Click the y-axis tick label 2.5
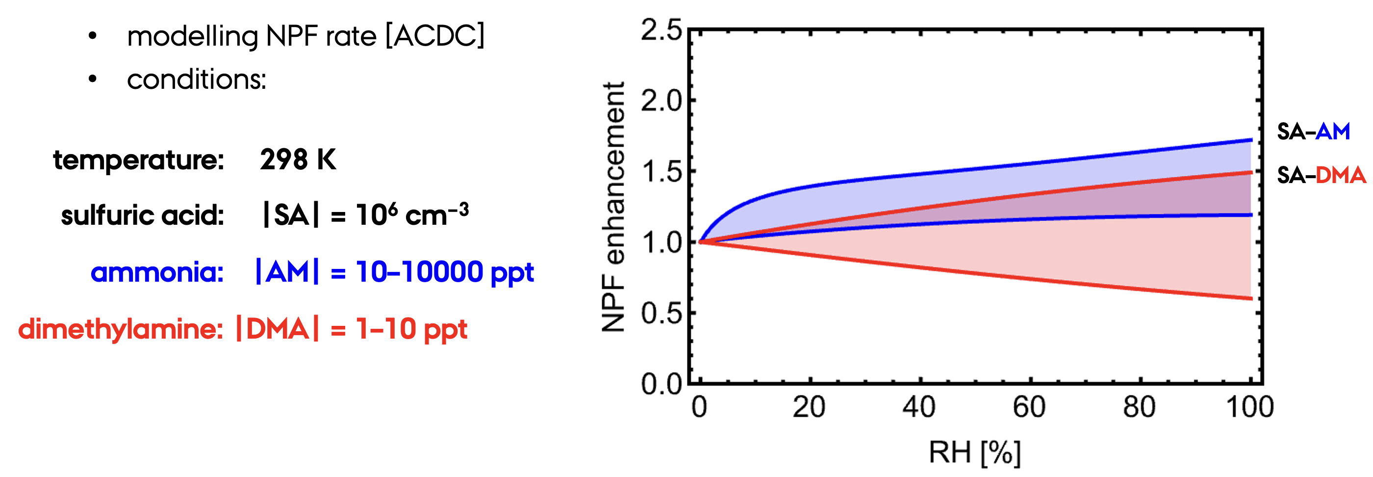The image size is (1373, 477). (x=661, y=30)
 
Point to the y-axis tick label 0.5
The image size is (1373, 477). (x=661, y=314)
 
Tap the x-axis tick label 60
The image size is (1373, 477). (x=1029, y=407)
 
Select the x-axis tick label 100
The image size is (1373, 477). (x=1250, y=407)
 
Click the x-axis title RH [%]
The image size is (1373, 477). (x=975, y=453)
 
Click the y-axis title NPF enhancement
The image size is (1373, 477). (x=613, y=207)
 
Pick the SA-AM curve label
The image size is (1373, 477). (x=1313, y=131)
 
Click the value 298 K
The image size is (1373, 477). (x=298, y=159)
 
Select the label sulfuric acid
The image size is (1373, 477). (x=142, y=215)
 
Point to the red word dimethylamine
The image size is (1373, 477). (x=121, y=329)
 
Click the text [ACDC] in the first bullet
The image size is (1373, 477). (x=434, y=36)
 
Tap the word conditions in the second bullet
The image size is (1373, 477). (x=196, y=80)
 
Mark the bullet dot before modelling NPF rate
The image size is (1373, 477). (x=93, y=36)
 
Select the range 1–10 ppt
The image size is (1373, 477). (x=411, y=329)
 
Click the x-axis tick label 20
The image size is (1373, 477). (x=809, y=407)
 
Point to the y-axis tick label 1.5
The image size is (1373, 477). (x=661, y=172)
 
